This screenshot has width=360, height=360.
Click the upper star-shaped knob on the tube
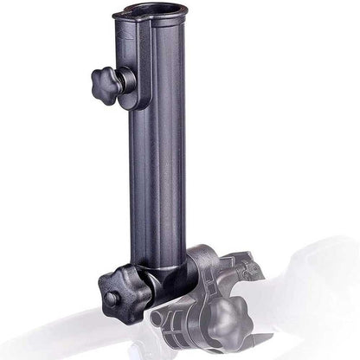pyautogui.click(x=105, y=82)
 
